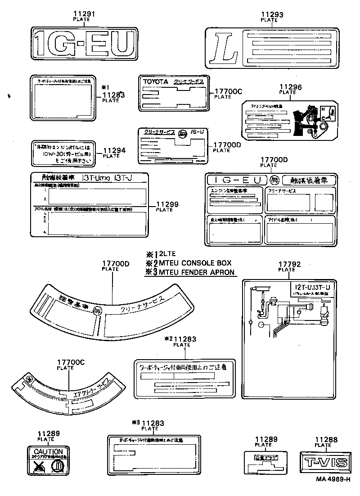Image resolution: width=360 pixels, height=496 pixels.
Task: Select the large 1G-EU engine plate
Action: (85, 43)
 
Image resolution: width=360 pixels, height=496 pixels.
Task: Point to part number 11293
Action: (272, 15)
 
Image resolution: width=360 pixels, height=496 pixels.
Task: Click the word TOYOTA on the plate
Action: (155, 82)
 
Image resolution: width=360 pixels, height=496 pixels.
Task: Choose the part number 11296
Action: (290, 87)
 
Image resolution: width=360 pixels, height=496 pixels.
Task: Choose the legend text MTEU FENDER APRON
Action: (196, 272)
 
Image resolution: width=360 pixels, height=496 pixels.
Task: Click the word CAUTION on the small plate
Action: (48, 451)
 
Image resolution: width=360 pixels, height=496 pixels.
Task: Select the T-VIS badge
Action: (324, 462)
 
